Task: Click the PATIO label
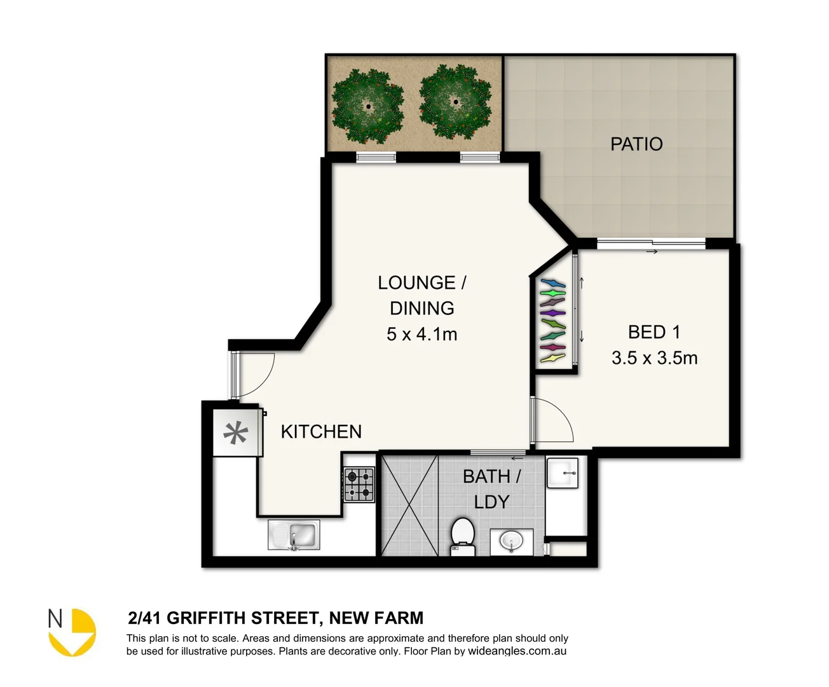pyautogui.click(x=636, y=144)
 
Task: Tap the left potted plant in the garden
pyautogui.click(x=368, y=105)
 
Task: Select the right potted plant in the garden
pyautogui.click(x=455, y=102)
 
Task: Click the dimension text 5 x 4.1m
pyautogui.click(x=421, y=334)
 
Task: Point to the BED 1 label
pyautogui.click(x=654, y=332)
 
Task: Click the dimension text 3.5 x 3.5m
pyautogui.click(x=654, y=358)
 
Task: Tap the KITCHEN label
pyautogui.click(x=321, y=432)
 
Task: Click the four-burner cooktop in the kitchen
pyautogui.click(x=359, y=485)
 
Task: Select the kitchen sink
pyautogui.click(x=294, y=535)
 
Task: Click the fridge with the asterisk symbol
pyautogui.click(x=236, y=433)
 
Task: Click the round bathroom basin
pyautogui.click(x=511, y=541)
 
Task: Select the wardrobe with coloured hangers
pyautogui.click(x=552, y=321)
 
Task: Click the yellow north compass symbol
pyautogui.click(x=73, y=632)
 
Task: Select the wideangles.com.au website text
pyautogui.click(x=517, y=651)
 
